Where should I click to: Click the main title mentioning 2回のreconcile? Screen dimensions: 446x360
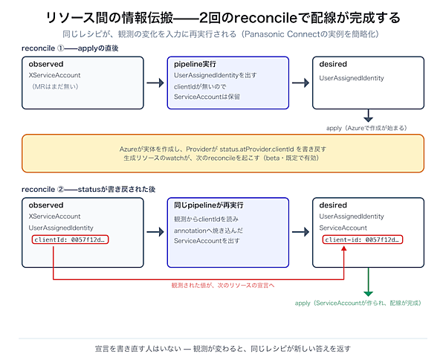tap(223, 18)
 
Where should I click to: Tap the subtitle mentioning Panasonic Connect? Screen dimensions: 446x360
tap(221, 34)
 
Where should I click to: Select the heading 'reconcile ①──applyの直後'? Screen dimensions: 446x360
tap(70, 48)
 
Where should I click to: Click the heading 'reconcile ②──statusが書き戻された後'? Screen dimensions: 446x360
tap(88, 189)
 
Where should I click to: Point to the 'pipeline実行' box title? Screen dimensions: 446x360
tap(195, 64)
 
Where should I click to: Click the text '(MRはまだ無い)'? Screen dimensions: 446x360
tap(54, 86)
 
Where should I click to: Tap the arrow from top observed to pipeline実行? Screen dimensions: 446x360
tap(155, 83)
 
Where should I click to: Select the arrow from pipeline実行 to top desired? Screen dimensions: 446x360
tap(300, 83)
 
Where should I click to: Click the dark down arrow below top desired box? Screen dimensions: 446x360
tap(369, 116)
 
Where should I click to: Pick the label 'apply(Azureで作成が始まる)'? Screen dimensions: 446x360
tap(367, 128)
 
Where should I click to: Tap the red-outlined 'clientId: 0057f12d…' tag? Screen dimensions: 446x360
tap(71, 240)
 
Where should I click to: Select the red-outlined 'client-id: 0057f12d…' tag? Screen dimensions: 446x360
tap(363, 240)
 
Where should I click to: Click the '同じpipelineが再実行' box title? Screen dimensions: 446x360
tap(208, 205)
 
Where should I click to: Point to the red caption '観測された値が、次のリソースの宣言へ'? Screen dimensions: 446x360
tap(223, 285)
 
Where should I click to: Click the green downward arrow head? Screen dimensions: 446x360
tap(369, 294)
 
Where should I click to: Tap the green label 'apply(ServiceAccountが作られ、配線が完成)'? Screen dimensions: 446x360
tap(358, 303)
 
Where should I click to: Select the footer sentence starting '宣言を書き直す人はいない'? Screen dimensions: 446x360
tap(223, 349)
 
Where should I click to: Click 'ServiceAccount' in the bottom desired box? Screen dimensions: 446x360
tap(343, 228)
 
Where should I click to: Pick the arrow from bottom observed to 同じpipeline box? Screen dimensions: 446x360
tap(155, 231)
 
